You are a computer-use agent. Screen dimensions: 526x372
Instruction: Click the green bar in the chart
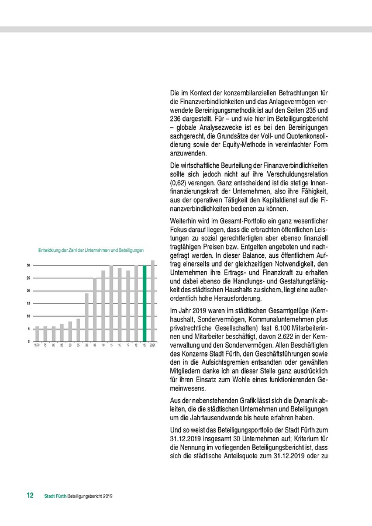coord(144,303)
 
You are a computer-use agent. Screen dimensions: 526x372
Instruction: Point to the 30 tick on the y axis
coord(28,265)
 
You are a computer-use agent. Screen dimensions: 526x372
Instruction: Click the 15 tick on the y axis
coord(28,303)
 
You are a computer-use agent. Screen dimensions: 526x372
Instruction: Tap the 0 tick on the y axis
coord(29,341)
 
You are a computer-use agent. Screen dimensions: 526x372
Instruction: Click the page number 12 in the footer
coord(29,496)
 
